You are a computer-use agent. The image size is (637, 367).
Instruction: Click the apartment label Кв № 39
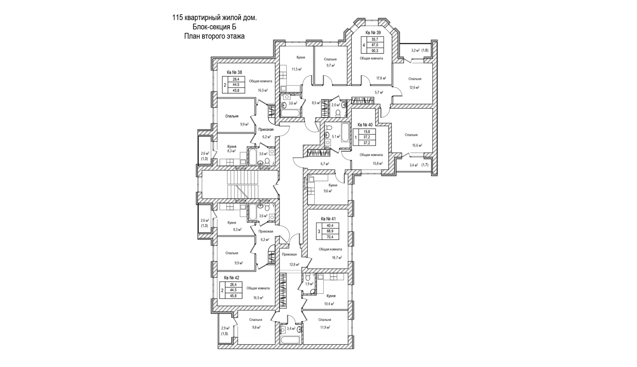click(x=373, y=32)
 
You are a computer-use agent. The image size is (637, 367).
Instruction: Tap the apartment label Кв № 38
click(x=234, y=72)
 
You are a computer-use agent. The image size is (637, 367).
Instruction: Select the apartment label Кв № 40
click(x=365, y=125)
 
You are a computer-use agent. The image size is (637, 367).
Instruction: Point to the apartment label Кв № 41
click(x=328, y=219)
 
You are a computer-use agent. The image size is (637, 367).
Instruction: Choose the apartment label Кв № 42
click(x=232, y=278)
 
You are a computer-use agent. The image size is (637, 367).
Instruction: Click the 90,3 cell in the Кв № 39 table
click(x=375, y=51)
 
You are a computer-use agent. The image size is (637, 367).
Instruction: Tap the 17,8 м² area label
click(x=381, y=78)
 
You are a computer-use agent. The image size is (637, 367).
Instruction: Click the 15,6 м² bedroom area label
click(x=417, y=146)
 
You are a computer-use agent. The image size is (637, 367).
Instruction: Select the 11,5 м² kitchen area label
click(x=297, y=69)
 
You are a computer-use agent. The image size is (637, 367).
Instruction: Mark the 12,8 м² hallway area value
click(x=294, y=264)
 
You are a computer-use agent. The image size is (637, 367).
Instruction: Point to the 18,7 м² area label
click(x=337, y=257)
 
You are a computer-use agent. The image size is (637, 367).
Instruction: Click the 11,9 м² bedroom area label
click(x=325, y=327)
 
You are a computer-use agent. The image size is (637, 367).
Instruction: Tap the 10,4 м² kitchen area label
click(x=329, y=304)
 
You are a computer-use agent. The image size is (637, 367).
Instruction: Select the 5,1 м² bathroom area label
click(x=336, y=137)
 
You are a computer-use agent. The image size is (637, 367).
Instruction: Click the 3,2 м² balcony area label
click(x=415, y=50)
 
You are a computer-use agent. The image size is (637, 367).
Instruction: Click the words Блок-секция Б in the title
click(x=214, y=27)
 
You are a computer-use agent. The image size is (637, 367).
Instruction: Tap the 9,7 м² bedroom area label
click(x=330, y=66)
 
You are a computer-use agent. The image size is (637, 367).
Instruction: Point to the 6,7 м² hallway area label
click(x=325, y=164)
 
